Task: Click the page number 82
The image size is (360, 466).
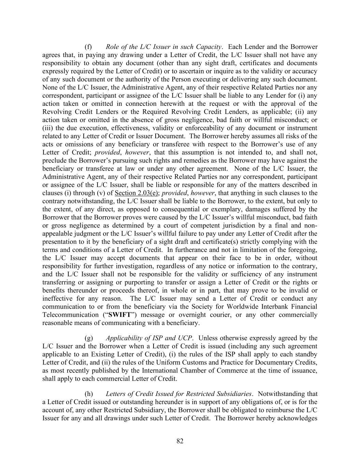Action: coord(180,441)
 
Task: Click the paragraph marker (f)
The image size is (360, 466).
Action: coord(88,47)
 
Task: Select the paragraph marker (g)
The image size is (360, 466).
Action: coord(88,338)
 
